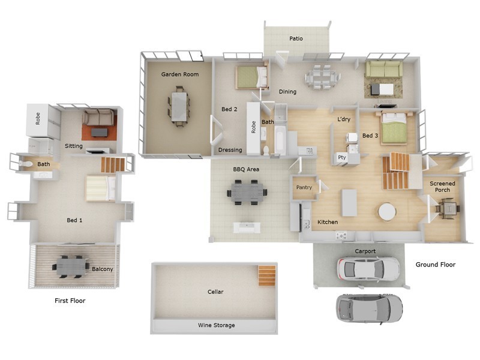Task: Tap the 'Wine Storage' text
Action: (x=216, y=325)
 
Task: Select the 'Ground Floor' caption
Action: (x=435, y=265)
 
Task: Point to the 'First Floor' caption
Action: (x=70, y=301)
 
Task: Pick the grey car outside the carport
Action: (x=369, y=307)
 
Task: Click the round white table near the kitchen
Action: (x=387, y=211)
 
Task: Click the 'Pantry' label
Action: (x=304, y=188)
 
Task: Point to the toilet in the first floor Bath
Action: (x=25, y=163)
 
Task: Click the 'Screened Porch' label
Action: (x=443, y=187)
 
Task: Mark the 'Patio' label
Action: (x=296, y=38)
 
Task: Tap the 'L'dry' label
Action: (x=344, y=119)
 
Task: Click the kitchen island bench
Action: (x=348, y=202)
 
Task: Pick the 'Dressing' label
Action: (x=230, y=150)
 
